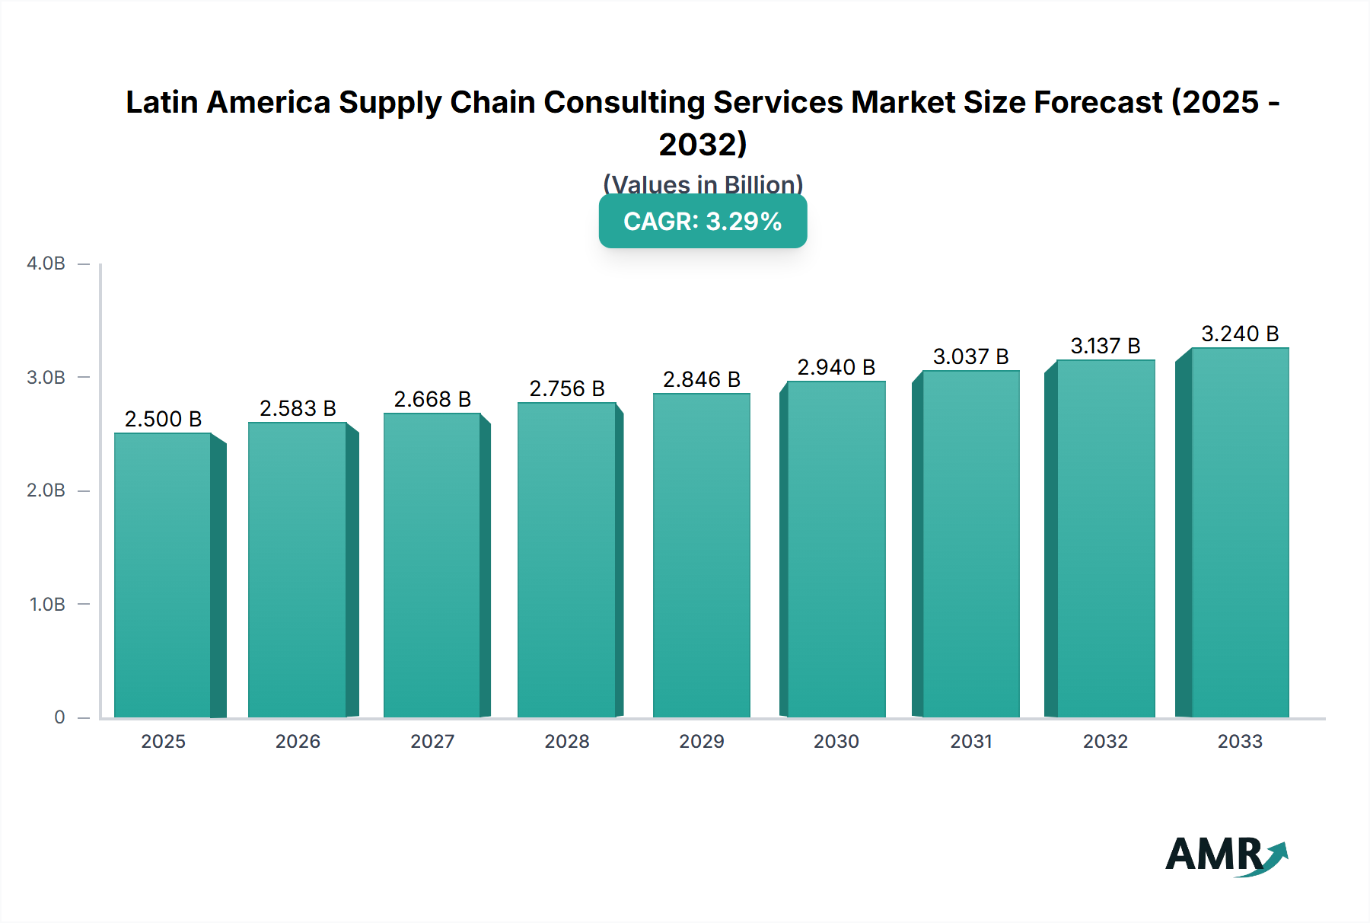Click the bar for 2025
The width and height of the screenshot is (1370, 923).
pos(163,575)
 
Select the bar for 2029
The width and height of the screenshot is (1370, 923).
pos(701,555)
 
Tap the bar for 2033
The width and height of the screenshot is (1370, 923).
pos(1240,532)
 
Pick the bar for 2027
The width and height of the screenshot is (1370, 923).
pos(432,565)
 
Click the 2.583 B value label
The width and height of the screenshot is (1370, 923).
pos(298,409)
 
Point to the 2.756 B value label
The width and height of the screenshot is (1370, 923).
pos(567,389)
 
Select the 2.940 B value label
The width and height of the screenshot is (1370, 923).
pos(836,368)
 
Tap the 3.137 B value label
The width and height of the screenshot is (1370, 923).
pos(1105,347)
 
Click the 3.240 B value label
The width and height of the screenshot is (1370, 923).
pos(1240,334)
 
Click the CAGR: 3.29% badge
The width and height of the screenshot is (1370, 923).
pos(703,222)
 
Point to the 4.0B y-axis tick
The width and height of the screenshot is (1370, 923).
pos(46,264)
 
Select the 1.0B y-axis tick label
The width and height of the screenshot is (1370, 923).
pos(47,605)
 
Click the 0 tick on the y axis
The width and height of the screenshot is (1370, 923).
pos(59,717)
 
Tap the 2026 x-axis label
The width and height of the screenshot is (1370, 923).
pos(298,742)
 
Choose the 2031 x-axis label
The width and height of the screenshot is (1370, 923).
pos(971,742)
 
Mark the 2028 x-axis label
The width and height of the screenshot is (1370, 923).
pos(567,742)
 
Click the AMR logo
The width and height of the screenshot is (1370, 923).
pos(1225,856)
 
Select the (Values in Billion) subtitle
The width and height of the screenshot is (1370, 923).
pos(703,184)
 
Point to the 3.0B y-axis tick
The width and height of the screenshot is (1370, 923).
pos(46,378)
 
